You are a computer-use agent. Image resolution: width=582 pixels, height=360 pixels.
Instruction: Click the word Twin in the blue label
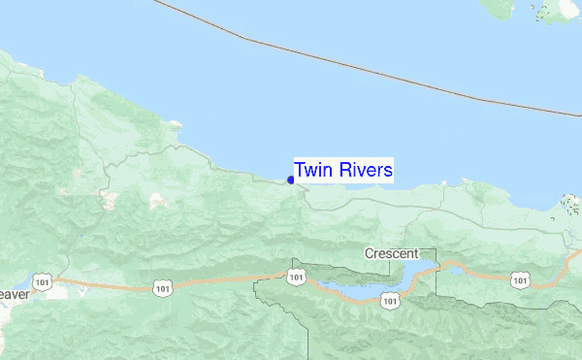314,171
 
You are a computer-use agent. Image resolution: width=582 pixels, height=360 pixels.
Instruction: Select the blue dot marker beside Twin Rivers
291,180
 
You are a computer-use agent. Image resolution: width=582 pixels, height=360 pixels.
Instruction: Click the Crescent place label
391,253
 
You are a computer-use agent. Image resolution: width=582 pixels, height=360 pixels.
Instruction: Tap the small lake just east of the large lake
453,268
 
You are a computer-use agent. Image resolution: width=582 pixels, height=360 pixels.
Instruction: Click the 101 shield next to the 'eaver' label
42,281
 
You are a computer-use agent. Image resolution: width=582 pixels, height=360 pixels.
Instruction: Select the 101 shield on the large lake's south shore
389,302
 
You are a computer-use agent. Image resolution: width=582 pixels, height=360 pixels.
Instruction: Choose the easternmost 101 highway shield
521,280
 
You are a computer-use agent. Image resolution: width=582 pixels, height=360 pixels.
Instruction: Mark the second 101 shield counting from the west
161,287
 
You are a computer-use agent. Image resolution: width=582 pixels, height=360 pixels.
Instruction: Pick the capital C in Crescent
370,253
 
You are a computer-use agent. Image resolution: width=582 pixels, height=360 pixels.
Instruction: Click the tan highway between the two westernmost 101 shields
102,284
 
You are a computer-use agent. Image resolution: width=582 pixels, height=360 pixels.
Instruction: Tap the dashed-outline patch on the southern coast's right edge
570,205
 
